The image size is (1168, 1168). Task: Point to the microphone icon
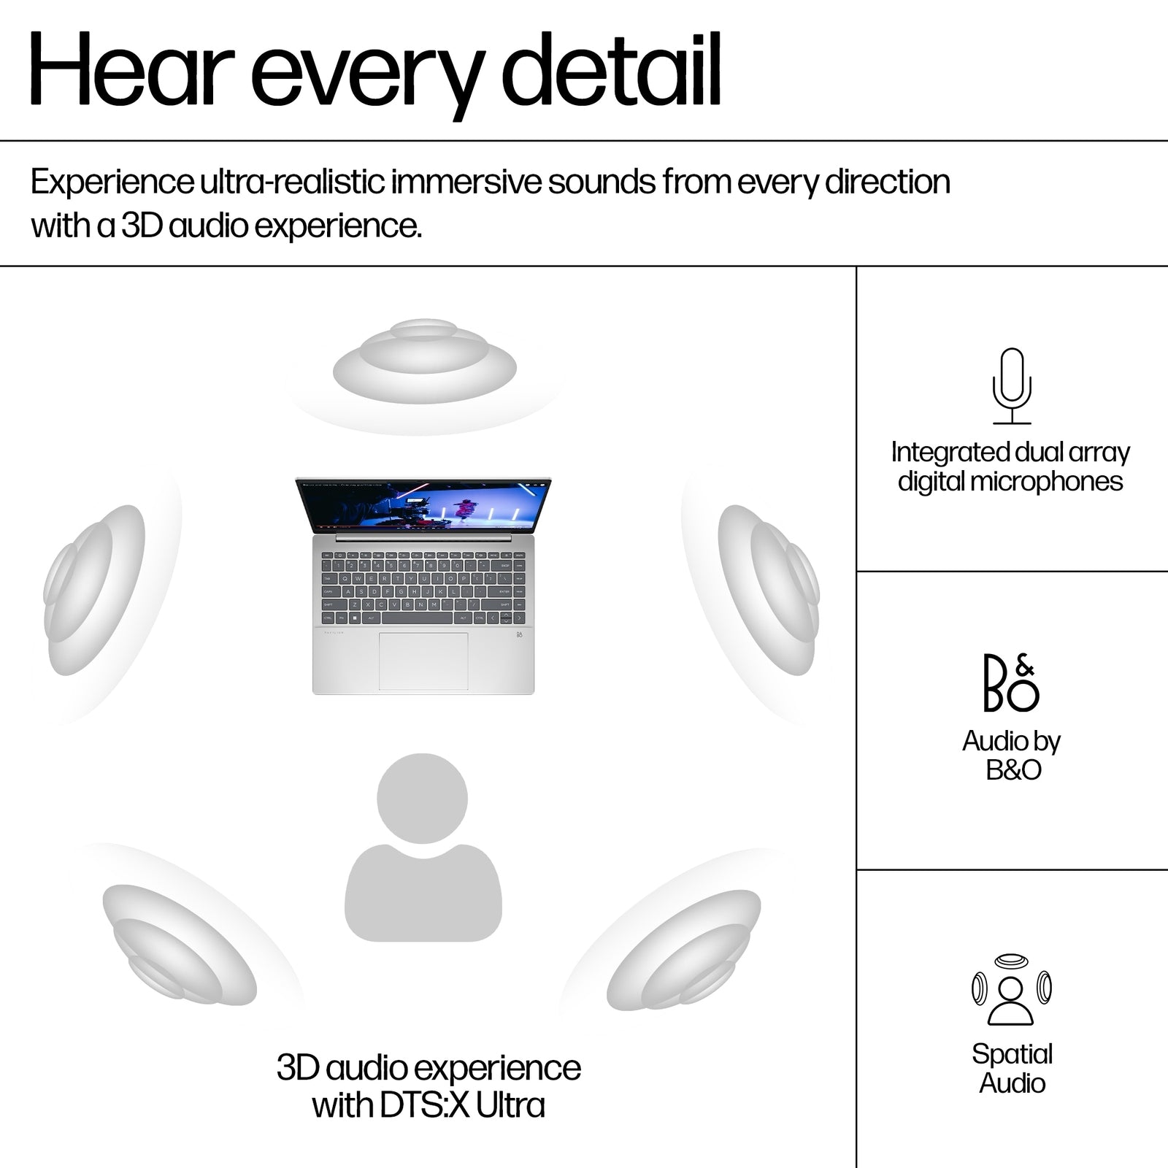(1012, 385)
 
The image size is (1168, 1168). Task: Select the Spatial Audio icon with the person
(1011, 990)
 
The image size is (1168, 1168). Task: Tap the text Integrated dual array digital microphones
(1010, 467)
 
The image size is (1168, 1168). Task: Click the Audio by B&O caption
(1012, 755)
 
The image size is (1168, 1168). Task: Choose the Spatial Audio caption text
(1012, 1068)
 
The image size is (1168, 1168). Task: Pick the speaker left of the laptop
(94, 589)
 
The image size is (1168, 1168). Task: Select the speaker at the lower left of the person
(179, 942)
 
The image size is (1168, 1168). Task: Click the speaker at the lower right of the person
(683, 949)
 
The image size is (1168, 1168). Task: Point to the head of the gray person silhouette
(422, 799)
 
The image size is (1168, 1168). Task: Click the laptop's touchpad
(423, 661)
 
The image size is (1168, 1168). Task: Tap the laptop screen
(423, 504)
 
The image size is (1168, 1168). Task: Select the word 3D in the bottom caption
(298, 1068)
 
